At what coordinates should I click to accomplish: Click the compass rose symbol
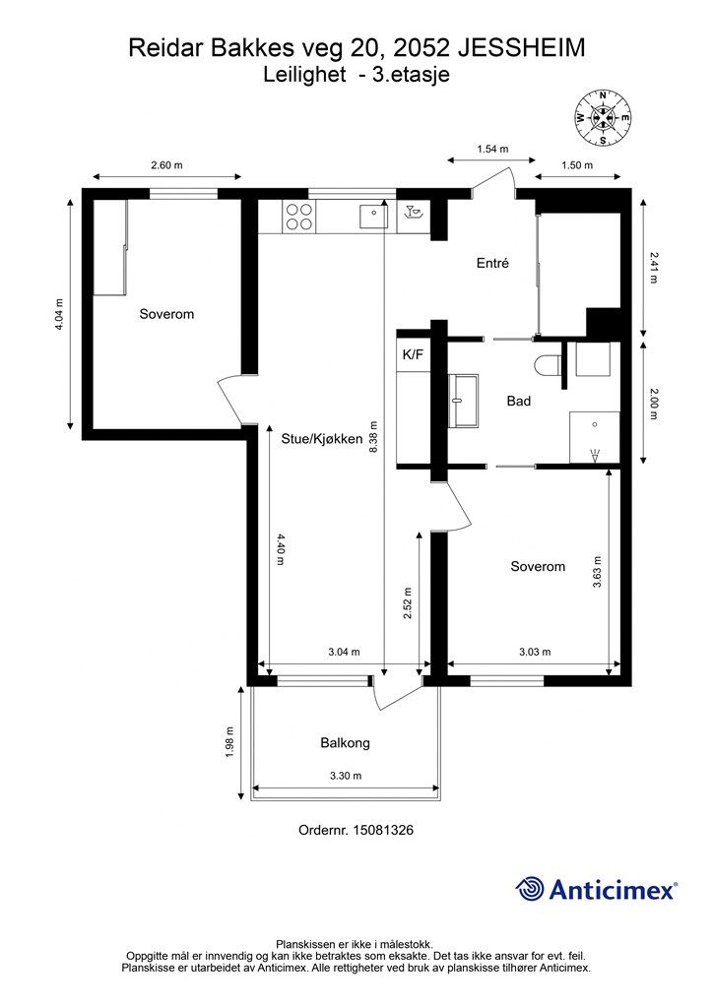(x=603, y=118)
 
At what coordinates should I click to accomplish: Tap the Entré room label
(x=492, y=263)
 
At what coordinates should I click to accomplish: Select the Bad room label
(x=519, y=402)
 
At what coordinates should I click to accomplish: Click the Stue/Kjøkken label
(x=322, y=439)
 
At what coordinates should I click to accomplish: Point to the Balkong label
(x=346, y=743)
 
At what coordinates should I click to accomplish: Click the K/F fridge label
(x=413, y=354)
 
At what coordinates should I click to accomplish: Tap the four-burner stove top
(x=299, y=217)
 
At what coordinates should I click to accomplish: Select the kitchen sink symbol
(x=373, y=215)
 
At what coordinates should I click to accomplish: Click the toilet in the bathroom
(x=548, y=365)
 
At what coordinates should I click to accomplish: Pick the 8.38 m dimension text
(x=373, y=438)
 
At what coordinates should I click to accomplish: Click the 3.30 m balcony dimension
(x=346, y=776)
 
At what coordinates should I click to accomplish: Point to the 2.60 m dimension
(x=166, y=165)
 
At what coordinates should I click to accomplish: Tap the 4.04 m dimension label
(x=59, y=314)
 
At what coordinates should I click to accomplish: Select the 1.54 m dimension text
(x=492, y=150)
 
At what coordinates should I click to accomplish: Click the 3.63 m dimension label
(x=597, y=572)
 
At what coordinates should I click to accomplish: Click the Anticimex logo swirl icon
(x=529, y=889)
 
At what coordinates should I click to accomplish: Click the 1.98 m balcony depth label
(x=230, y=742)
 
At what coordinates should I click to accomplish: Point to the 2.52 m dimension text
(x=408, y=603)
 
